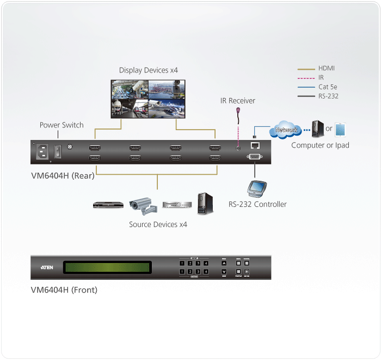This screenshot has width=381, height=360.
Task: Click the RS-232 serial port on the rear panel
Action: [x=255, y=158]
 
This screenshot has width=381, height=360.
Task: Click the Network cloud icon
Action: [x=286, y=131]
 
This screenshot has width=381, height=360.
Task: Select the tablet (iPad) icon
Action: [x=341, y=130]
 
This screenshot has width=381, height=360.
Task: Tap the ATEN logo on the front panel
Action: [x=47, y=267]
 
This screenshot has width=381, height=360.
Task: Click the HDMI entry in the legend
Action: [x=327, y=69]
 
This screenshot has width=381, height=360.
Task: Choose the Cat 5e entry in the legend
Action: [x=329, y=87]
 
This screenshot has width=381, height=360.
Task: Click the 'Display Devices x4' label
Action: [x=149, y=70]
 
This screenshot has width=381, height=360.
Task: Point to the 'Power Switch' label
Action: [x=62, y=125]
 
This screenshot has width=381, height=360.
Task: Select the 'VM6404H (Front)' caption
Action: [x=64, y=290]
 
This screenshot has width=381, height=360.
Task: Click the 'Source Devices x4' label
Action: [x=158, y=224]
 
